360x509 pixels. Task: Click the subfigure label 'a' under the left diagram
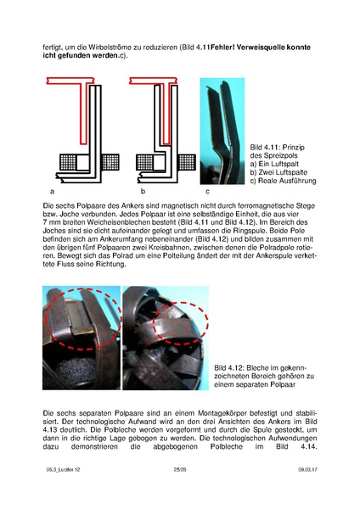pyautogui.click(x=52, y=192)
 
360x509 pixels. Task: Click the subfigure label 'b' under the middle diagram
pyautogui.click(x=143, y=192)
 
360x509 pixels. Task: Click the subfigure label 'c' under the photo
pyautogui.click(x=208, y=192)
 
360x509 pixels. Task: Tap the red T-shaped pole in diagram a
pyautogui.click(x=83, y=110)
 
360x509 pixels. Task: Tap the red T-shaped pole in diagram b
pyautogui.click(x=166, y=110)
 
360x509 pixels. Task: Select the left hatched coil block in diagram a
pyautogui.click(x=68, y=162)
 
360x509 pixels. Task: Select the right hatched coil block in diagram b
pyautogui.click(x=187, y=162)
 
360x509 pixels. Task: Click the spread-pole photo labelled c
pyautogui.click(x=222, y=131)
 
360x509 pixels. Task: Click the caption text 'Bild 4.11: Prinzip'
pyautogui.click(x=277, y=148)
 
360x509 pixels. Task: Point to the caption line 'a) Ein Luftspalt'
pyautogui.click(x=274, y=164)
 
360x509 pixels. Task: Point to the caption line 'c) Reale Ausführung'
pyautogui.click(x=283, y=181)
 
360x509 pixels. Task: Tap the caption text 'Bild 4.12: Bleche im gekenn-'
pyautogui.click(x=261, y=368)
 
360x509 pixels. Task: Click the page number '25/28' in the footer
pyautogui.click(x=180, y=469)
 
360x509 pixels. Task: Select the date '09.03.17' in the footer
pyautogui.click(x=307, y=469)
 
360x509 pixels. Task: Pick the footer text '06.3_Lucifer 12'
pyautogui.click(x=63, y=469)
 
